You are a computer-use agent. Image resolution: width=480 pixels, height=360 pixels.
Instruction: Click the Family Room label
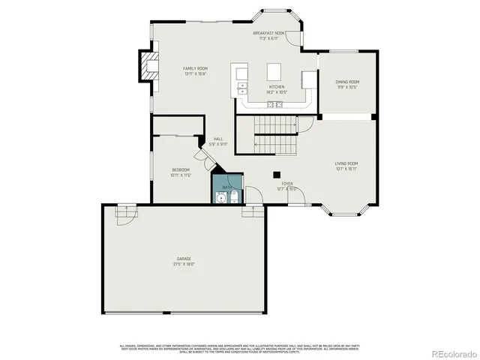[195, 69]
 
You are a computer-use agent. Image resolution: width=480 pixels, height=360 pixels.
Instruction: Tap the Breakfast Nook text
[268, 34]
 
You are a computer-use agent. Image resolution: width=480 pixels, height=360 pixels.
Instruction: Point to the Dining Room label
[347, 82]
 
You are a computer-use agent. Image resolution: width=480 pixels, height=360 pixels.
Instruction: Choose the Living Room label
[346, 163]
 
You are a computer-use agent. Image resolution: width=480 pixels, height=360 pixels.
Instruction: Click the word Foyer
[287, 183]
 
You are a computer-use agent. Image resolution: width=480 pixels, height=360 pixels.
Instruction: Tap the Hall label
[218, 139]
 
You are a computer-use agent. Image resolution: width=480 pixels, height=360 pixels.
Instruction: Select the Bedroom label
[181, 170]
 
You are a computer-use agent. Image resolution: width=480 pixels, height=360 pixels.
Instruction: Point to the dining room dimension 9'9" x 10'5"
[347, 87]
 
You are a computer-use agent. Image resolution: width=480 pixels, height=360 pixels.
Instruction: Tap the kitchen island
[274, 71]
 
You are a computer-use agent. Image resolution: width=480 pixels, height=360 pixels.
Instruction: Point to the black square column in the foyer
[276, 175]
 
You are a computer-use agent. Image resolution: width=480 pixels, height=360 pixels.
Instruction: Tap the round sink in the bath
[220, 196]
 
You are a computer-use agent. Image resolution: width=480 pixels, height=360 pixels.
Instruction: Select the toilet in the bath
[234, 196]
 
